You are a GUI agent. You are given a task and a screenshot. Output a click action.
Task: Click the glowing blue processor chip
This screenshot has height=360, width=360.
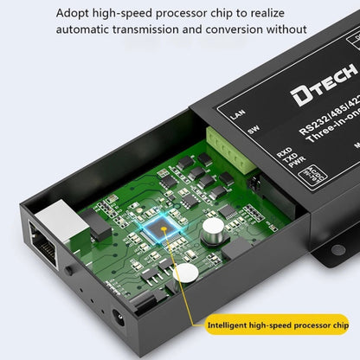(x=157, y=228)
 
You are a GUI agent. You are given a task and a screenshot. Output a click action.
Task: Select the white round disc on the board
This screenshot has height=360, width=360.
(x=184, y=275)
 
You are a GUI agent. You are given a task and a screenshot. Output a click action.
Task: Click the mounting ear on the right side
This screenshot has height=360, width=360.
(x=342, y=228)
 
